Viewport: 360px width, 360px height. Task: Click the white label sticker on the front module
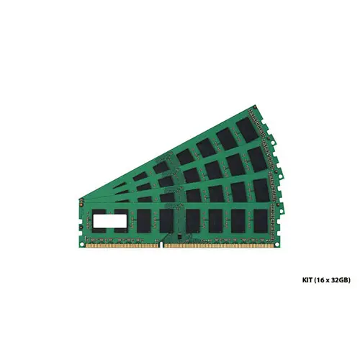click(x=110, y=221)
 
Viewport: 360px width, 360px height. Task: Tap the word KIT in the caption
click(x=307, y=280)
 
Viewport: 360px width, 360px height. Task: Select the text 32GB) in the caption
click(x=341, y=280)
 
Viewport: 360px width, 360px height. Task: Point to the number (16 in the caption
click(x=319, y=280)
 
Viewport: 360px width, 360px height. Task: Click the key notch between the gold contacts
click(x=161, y=245)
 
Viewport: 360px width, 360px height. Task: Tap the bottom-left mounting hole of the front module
click(x=82, y=245)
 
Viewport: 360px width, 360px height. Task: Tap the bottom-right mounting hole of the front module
click(x=276, y=245)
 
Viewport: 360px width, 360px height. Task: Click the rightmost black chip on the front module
click(x=261, y=221)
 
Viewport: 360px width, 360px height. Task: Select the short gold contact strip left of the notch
click(x=122, y=246)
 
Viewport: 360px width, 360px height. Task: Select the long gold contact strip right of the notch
click(x=219, y=246)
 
